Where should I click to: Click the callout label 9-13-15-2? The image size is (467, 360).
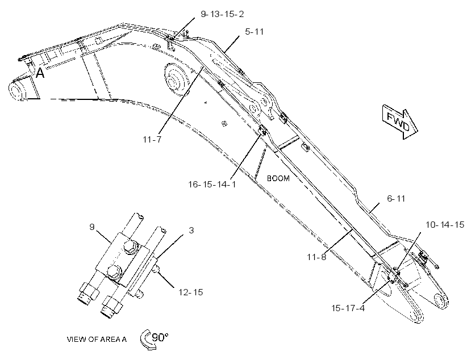tap(222, 14)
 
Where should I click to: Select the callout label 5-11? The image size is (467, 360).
tap(255, 32)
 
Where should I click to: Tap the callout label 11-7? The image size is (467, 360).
tap(152, 139)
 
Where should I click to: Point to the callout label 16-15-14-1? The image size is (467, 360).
tap(212, 185)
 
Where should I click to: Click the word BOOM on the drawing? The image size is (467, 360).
tap(278, 178)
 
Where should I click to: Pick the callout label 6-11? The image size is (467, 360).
tap(396, 198)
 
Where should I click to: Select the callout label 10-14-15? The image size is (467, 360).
tap(445, 224)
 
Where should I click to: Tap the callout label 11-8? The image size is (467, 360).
tap(316, 257)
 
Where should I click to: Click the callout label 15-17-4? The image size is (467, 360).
tap(348, 308)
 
